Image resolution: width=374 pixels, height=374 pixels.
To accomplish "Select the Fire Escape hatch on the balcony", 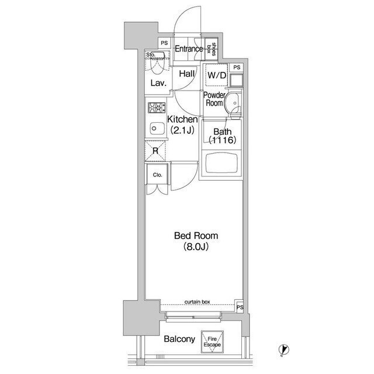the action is pos(212,341).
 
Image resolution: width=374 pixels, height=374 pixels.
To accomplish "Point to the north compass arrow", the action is pos(284,350).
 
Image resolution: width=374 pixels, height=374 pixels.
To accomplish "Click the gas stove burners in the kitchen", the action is pos(157,108).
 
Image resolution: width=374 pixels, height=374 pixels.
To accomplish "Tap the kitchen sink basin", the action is pos(157,129).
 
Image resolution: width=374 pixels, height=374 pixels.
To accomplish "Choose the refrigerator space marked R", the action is pos(155,151).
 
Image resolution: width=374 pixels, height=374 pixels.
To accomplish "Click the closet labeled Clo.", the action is pos(157,175).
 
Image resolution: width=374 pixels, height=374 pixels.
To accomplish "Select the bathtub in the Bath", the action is pos(221,163).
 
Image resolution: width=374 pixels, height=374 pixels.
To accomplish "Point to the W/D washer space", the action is pos(217,75).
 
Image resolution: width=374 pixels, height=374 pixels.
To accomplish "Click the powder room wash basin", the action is pos(231,103).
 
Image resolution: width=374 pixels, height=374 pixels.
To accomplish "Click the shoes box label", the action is pos(212,49).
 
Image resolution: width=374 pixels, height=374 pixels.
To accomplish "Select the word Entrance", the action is pos(189,49).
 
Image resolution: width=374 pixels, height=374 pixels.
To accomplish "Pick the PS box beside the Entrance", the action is pos(164,43).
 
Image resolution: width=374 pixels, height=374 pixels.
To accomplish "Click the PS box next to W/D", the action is pos(237,68).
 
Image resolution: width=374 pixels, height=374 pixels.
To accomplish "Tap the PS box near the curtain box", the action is pos(240,306).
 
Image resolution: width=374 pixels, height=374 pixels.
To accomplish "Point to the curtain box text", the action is pos(198,302).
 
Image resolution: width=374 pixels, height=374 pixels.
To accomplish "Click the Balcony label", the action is pos(179,339).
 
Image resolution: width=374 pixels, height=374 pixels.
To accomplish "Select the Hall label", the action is pos(187,74).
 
